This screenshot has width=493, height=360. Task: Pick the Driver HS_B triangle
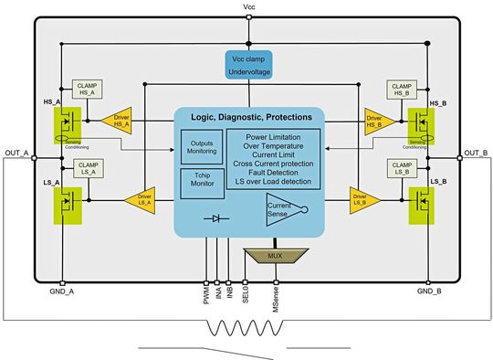pos(372,118)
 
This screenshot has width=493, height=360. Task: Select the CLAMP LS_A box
pos(89,168)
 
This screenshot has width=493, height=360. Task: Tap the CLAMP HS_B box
pos(403,89)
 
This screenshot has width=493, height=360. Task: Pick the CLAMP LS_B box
pos(403,168)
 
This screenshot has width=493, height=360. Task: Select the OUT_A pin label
pos(17,152)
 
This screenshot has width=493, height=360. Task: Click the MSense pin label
pos(276,298)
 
